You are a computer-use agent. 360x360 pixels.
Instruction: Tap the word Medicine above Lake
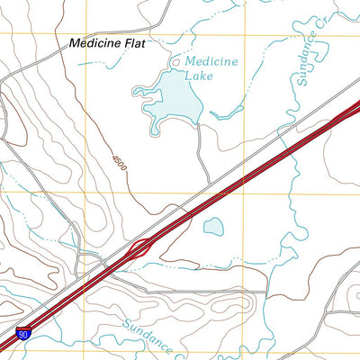[x=211, y=61]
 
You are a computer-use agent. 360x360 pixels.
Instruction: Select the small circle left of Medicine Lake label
[x=175, y=62]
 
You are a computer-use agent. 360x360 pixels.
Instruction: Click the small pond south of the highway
[x=214, y=227]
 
